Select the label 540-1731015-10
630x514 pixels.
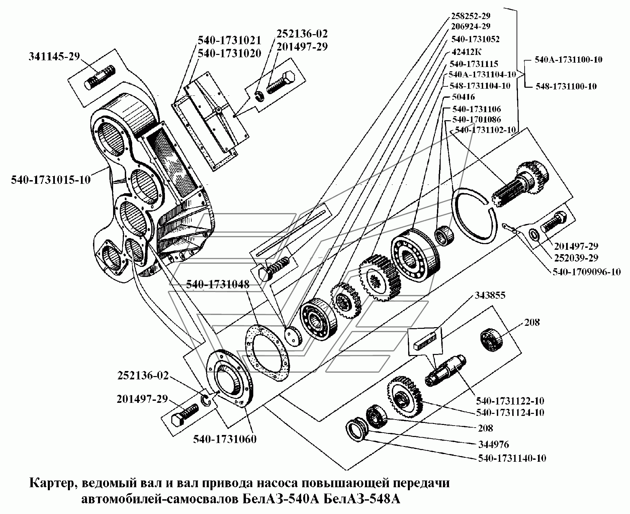[51, 179]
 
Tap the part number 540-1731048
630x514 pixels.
[217, 284]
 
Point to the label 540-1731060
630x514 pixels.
[224, 439]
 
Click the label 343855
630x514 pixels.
[489, 295]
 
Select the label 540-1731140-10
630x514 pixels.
[512, 458]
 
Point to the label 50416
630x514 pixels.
[463, 97]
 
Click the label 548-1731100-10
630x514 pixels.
[566, 86]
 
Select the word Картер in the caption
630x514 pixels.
[55, 483]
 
